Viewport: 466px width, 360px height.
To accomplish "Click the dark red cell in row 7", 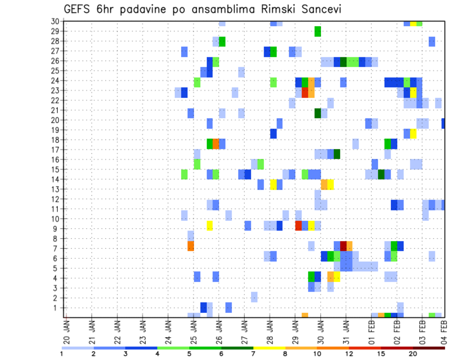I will pyautogui.click(x=343, y=245).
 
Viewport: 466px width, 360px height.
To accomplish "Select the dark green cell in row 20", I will pyautogui.click(x=317, y=113).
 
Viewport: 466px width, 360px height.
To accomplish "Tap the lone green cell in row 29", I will pyautogui.click(x=317, y=31).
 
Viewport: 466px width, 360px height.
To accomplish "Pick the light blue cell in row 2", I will pyautogui.click(x=254, y=296).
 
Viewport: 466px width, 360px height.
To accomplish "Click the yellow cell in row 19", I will pyautogui.click(x=413, y=133).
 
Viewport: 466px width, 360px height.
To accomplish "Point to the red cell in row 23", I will pyautogui.click(x=305, y=92).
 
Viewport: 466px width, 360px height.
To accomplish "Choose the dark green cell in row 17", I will pyautogui.click(x=337, y=154).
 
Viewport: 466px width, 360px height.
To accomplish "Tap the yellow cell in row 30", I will pyautogui.click(x=413, y=23).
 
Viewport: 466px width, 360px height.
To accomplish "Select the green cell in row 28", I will pyautogui.click(x=222, y=41).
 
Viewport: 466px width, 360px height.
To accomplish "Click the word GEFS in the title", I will pyautogui.click(x=77, y=9).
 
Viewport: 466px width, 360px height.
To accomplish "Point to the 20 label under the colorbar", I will pyautogui.click(x=413, y=354).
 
